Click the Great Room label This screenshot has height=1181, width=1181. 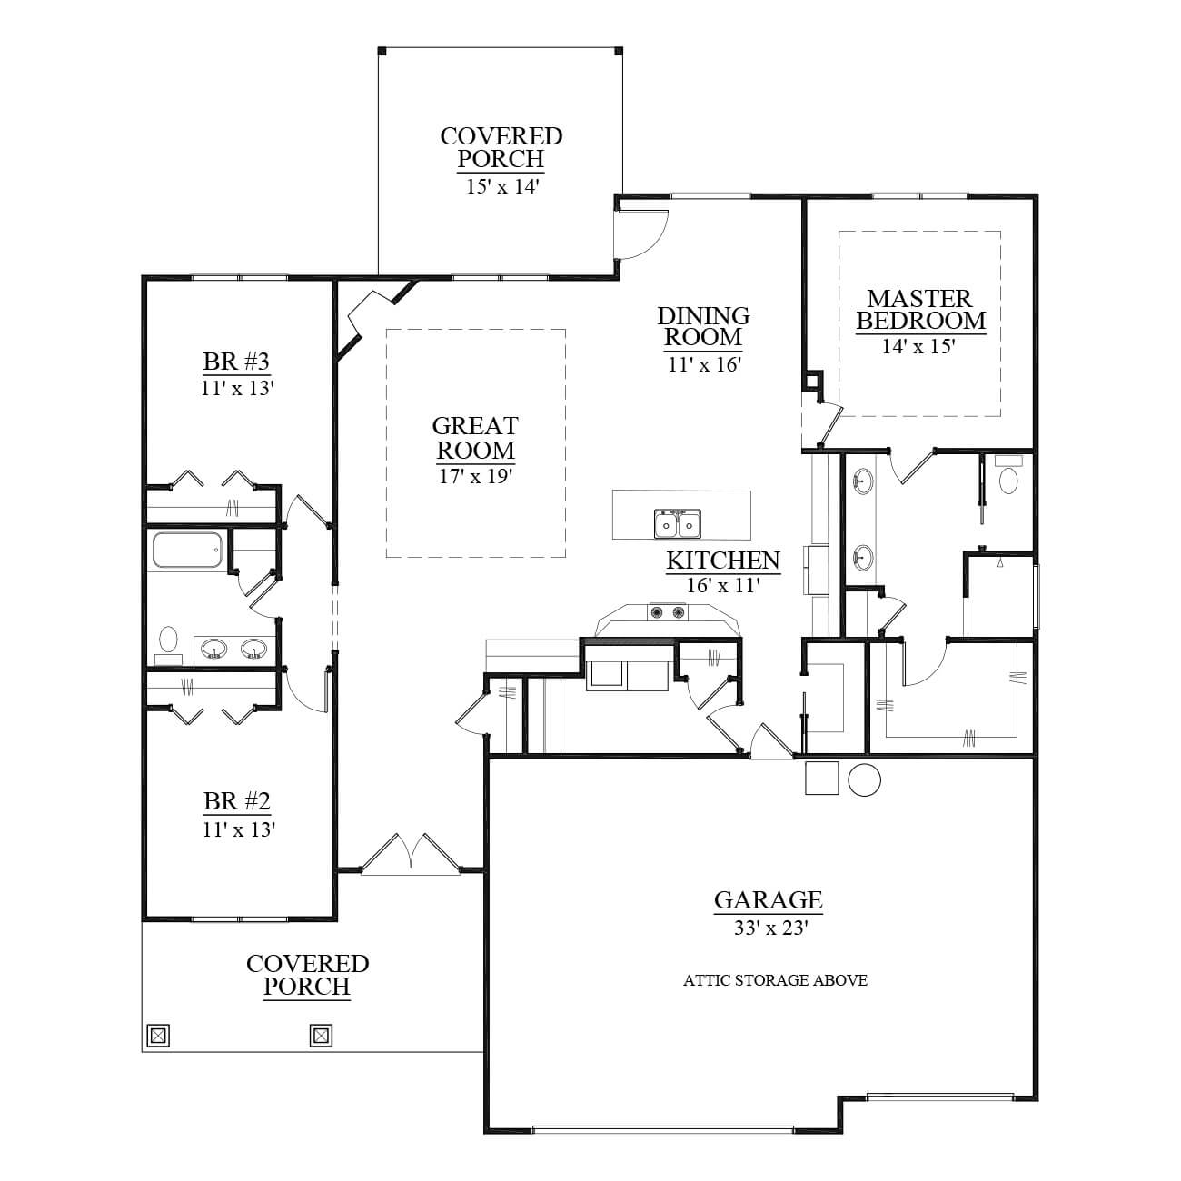pos(475,438)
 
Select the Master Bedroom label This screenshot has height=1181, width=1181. pos(920,310)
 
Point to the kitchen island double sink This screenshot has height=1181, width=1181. pos(677,524)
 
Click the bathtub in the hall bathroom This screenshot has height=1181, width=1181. pos(187,550)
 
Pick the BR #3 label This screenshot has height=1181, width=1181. pos(236,361)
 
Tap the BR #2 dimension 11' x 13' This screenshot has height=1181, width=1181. pos(238,829)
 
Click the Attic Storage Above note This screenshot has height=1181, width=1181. pos(775,980)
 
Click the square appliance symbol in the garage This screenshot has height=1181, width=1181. pos(821,779)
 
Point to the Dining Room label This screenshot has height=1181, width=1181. pos(703,326)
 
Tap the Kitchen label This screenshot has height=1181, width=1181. pos(723,561)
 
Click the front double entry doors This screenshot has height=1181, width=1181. pos(411,852)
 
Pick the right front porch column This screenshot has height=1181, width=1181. pos(322,1036)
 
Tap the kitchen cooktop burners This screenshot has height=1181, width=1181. pos(668,611)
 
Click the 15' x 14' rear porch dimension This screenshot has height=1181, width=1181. pos(502,186)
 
